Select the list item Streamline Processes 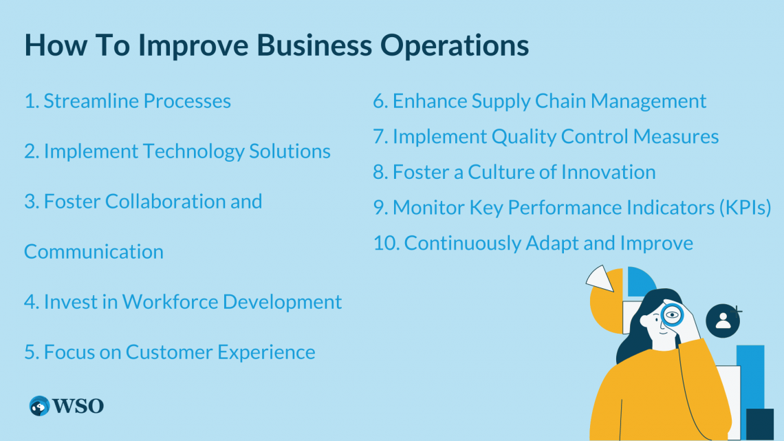pyautogui.click(x=128, y=101)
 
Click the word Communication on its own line pyautogui.click(x=94, y=252)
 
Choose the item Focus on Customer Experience pyautogui.click(x=170, y=352)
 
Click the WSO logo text pyautogui.click(x=79, y=406)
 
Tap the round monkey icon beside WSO pyautogui.click(x=40, y=406)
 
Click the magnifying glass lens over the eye pyautogui.click(x=671, y=316)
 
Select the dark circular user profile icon pyautogui.click(x=723, y=321)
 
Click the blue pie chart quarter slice pyautogui.click(x=640, y=281)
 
